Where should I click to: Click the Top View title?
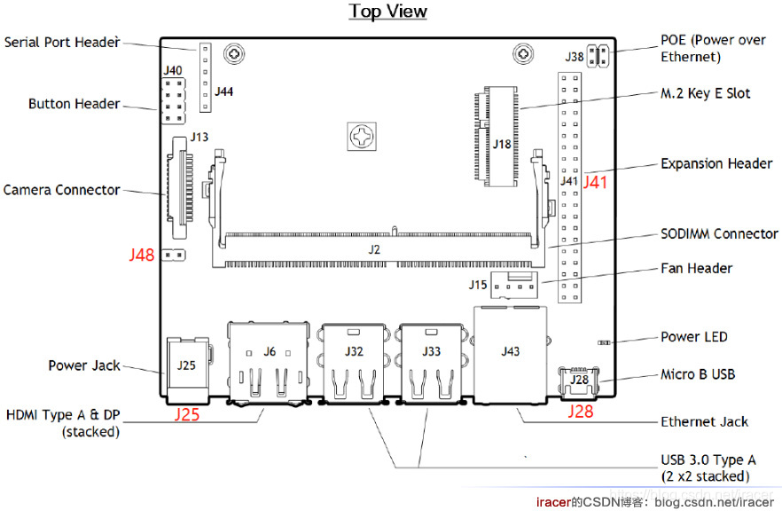pos(387,12)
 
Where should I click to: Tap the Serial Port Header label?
pos(62,43)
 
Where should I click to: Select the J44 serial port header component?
pos(205,77)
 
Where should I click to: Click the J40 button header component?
pos(173,101)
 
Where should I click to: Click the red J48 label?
pos(142,255)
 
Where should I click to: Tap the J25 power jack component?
pos(187,370)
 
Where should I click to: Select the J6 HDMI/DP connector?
pos(269,361)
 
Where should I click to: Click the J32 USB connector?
pos(354,363)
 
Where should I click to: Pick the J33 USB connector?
pos(431,363)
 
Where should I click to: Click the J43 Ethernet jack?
pos(510,355)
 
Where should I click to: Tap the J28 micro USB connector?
pos(579,382)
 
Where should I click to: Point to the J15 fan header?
pos(514,285)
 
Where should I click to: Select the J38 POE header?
pos(598,56)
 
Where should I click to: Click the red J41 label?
pos(596,182)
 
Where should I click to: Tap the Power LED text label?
pos(693,337)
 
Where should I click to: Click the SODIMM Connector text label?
pos(719,233)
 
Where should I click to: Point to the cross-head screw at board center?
pos(362,137)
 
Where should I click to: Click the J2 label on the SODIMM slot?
pos(374,249)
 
